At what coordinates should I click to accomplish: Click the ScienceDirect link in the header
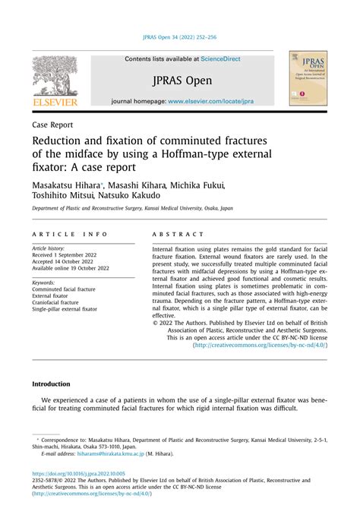(x=216, y=58)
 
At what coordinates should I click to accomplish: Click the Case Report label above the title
(x=52, y=125)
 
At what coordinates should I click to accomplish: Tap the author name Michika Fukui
(x=200, y=185)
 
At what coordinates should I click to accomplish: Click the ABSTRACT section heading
(x=178, y=235)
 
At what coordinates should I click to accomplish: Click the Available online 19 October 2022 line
(x=70, y=268)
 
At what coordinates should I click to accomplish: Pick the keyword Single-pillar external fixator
(x=65, y=309)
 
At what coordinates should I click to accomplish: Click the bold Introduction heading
(x=50, y=384)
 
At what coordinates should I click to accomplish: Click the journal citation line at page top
(x=179, y=37)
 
